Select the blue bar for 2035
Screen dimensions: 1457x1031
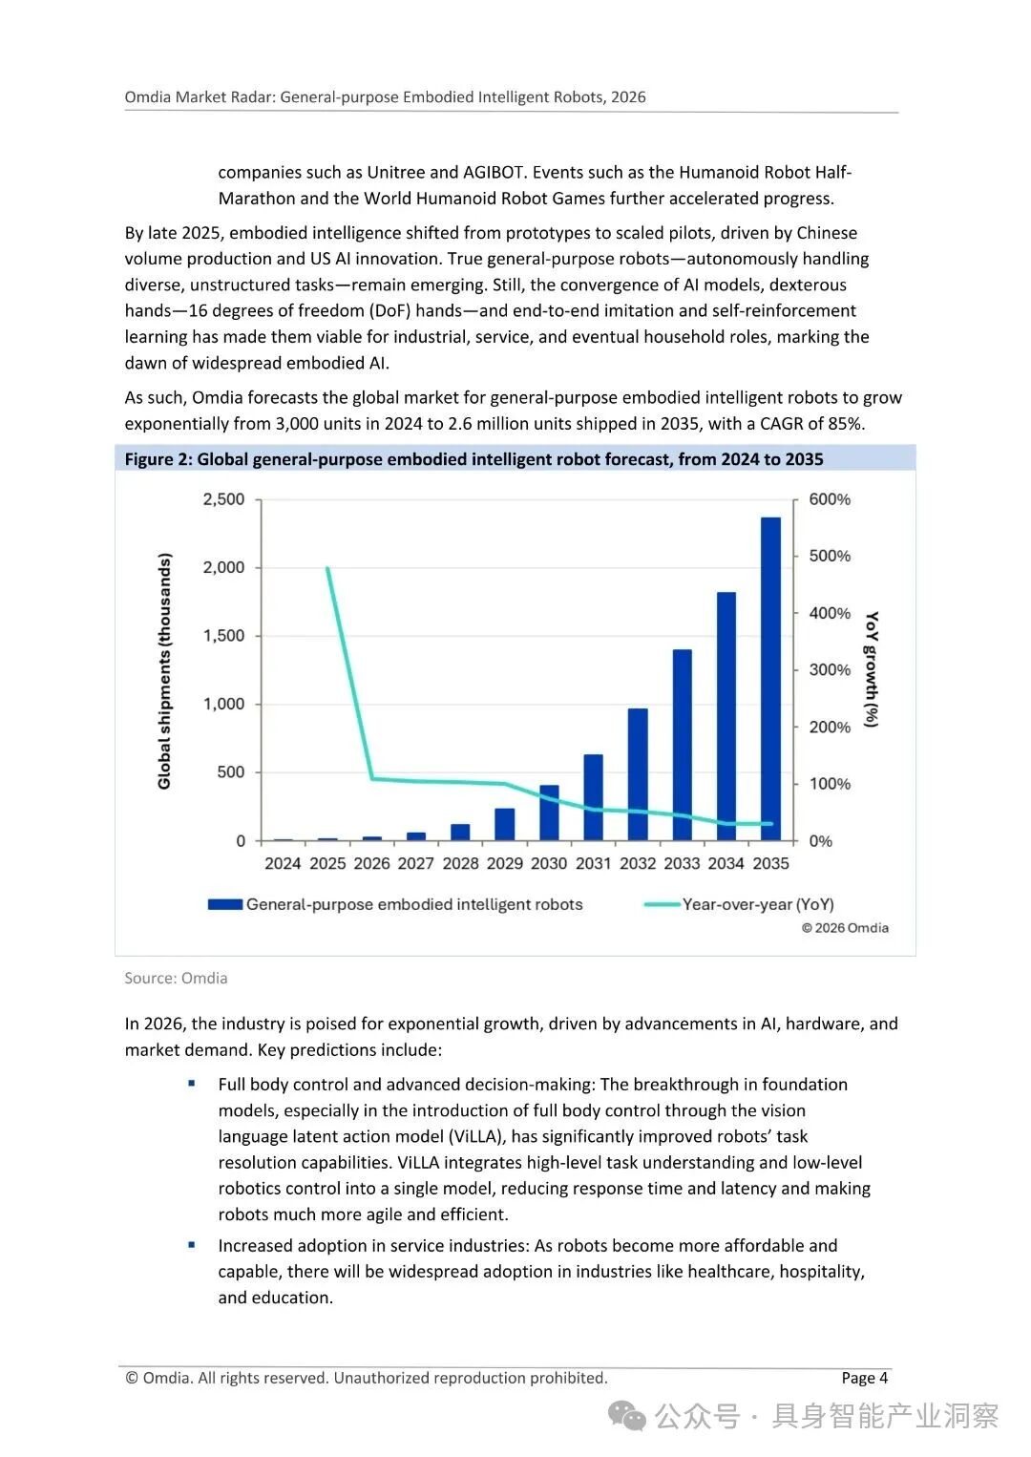[770, 679]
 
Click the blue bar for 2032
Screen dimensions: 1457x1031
[638, 774]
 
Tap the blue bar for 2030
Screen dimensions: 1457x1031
[549, 813]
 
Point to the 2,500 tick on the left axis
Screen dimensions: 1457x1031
[223, 499]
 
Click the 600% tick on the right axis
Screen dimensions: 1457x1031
[829, 499]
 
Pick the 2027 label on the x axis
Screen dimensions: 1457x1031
[415, 863]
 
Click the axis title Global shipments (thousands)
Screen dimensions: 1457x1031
[165, 670]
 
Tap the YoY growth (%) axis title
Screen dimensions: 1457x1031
[870, 668]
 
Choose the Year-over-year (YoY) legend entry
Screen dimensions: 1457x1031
[757, 904]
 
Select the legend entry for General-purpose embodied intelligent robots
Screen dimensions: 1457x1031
[413, 904]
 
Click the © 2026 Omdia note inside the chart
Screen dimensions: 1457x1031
[845, 928]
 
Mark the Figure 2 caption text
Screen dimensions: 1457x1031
[473, 459]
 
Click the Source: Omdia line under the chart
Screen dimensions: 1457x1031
[176, 978]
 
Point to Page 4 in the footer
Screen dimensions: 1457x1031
[864, 1378]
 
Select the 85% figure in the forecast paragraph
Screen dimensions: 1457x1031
[844, 424]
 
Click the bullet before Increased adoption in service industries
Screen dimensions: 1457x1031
[192, 1245]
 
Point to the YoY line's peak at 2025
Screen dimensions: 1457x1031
[327, 568]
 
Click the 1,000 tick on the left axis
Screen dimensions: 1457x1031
[223, 704]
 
